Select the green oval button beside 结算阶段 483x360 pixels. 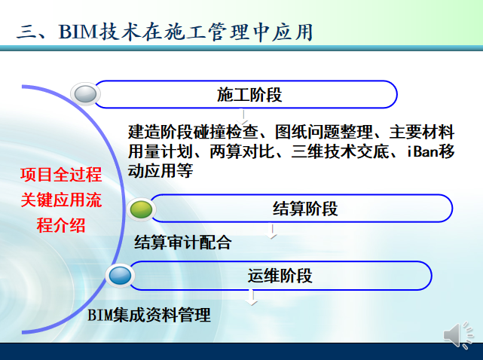click(x=141, y=209)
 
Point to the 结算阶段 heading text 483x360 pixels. click(x=305, y=209)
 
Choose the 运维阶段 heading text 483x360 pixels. click(x=280, y=275)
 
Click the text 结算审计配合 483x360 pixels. click(x=182, y=243)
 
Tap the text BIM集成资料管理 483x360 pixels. click(x=149, y=315)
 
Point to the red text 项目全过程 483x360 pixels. click(x=61, y=175)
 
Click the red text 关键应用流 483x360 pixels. click(x=61, y=200)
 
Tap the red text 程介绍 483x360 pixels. click(x=61, y=225)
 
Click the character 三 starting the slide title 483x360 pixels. click(x=27, y=32)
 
